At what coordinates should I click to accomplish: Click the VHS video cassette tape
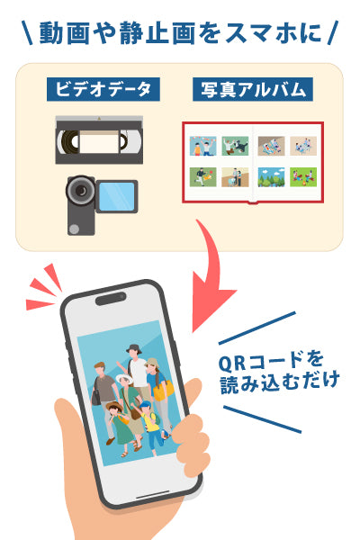coord(98,139)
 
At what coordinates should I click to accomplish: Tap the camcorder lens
coord(82,191)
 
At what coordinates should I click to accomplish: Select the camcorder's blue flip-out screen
coord(118,195)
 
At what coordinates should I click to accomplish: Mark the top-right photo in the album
coord(302,145)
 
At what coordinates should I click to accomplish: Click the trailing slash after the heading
coord(334,32)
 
